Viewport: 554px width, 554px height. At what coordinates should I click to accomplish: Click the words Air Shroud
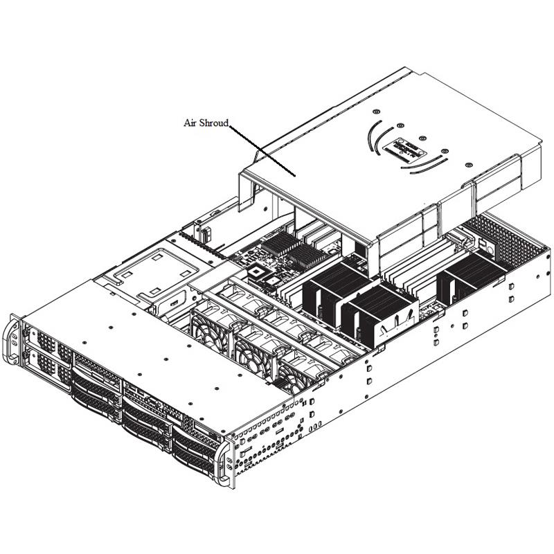point(206,123)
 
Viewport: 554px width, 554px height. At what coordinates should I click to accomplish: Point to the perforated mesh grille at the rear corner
point(509,239)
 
